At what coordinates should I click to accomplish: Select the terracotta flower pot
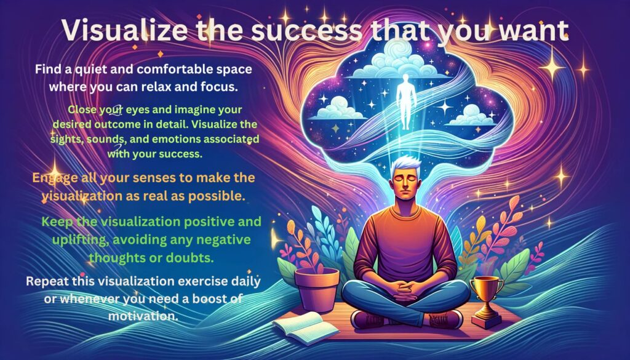point(317,290)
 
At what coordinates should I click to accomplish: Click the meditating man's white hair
point(406,165)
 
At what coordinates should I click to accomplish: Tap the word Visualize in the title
point(124,30)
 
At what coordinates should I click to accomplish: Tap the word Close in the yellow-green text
point(82,110)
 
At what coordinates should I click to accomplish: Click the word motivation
point(143,316)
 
